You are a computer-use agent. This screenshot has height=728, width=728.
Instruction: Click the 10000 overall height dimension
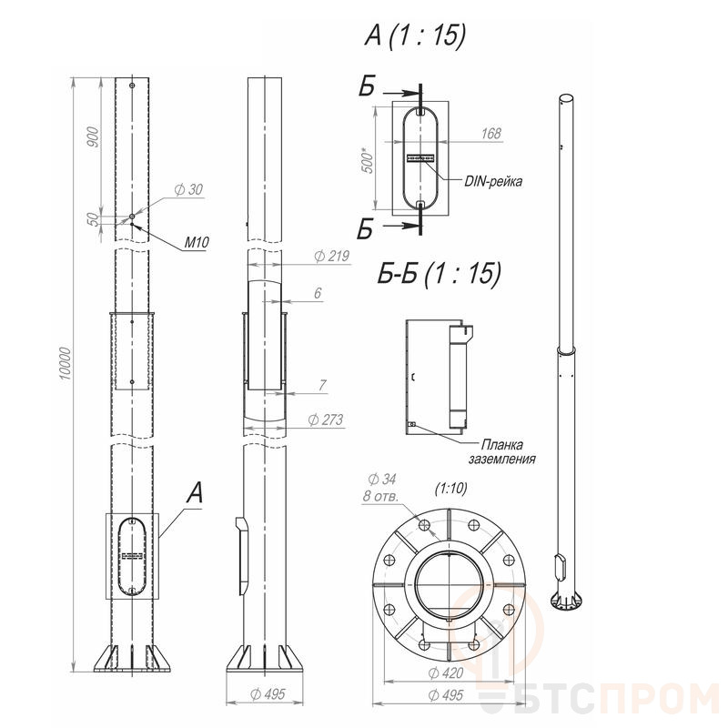point(66,363)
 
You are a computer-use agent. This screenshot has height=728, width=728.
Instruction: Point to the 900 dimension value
point(94,137)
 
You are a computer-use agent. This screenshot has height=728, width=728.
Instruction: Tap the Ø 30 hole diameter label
point(188,189)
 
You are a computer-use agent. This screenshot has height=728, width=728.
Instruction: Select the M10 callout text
point(197,242)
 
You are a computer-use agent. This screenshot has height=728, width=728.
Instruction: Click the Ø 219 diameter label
point(331,256)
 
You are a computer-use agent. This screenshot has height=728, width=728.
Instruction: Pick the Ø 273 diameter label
point(326,420)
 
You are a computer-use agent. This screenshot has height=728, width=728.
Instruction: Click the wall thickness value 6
point(318,293)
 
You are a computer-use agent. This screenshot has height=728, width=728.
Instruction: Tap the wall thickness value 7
point(323,385)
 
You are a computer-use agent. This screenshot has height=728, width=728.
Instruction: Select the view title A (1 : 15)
point(415,35)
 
